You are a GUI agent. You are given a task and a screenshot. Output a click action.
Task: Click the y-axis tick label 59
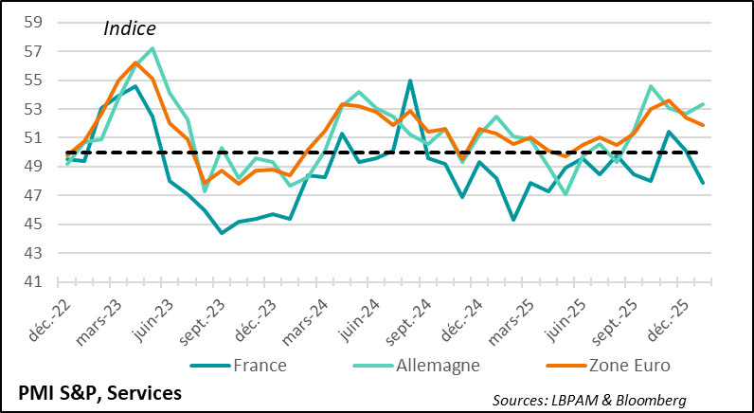click(x=32, y=23)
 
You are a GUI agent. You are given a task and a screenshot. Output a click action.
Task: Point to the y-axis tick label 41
click(x=32, y=282)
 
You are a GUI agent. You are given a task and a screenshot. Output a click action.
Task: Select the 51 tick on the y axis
click(x=32, y=138)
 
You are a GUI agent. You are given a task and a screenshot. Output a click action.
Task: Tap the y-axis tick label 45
click(x=32, y=224)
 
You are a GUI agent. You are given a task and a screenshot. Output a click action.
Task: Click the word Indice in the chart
click(x=129, y=29)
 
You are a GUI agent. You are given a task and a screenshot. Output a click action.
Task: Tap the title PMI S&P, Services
click(x=99, y=390)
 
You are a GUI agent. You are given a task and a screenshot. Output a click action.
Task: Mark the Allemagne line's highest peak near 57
click(x=153, y=48)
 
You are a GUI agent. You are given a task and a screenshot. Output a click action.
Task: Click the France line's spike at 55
click(x=409, y=81)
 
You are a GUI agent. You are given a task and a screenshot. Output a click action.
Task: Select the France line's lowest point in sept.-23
click(x=222, y=232)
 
